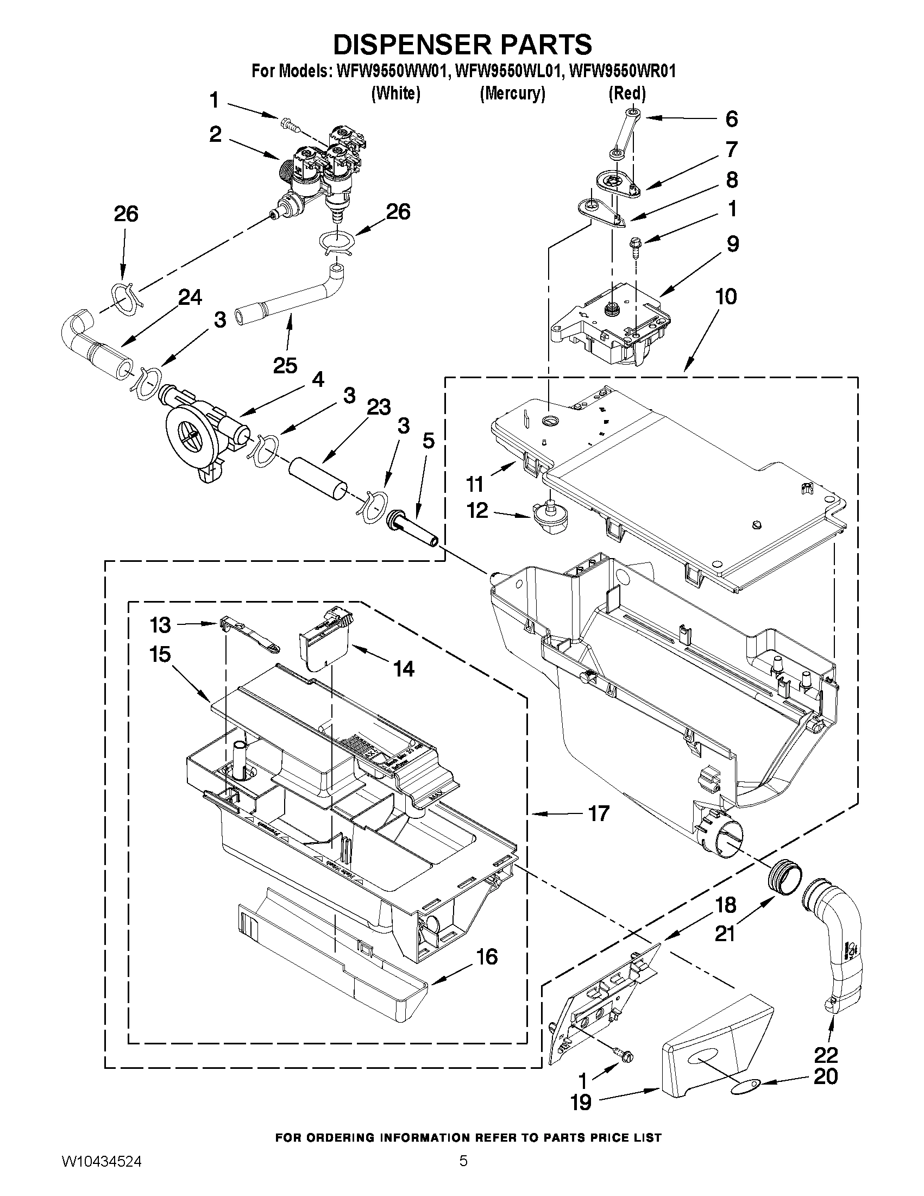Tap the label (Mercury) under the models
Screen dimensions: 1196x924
click(x=512, y=94)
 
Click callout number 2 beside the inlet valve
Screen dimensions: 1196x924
click(x=216, y=134)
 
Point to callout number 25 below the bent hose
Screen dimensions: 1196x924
click(x=286, y=365)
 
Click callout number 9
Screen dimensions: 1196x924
click(x=732, y=243)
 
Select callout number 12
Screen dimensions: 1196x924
click(x=477, y=510)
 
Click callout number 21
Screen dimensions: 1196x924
click(x=725, y=933)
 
